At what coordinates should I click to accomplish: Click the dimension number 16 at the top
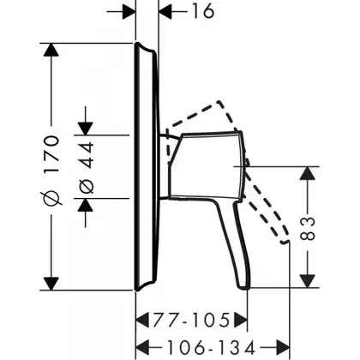[x=203, y=11]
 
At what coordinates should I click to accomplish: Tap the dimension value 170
[x=51, y=154]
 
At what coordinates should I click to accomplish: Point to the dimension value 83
[x=308, y=229]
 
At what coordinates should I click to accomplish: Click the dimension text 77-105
[x=192, y=320]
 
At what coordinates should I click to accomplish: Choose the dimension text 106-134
[x=211, y=348]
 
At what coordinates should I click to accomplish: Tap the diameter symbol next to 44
[x=86, y=186]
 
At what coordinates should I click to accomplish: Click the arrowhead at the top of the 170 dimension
[x=51, y=50]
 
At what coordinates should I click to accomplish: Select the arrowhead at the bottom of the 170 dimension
[x=51, y=284]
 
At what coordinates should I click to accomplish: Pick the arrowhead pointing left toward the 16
[x=165, y=12]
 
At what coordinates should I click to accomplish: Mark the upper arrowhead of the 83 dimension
[x=308, y=173]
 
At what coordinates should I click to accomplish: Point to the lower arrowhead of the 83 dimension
[x=308, y=281]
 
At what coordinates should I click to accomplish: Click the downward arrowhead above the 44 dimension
[x=86, y=129]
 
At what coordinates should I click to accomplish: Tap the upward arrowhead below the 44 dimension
[x=86, y=205]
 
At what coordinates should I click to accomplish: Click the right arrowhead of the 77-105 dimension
[x=240, y=320]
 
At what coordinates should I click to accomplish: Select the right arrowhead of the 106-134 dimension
[x=283, y=348]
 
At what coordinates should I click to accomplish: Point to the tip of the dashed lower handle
[x=285, y=242]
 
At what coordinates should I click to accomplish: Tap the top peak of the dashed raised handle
[x=219, y=101]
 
